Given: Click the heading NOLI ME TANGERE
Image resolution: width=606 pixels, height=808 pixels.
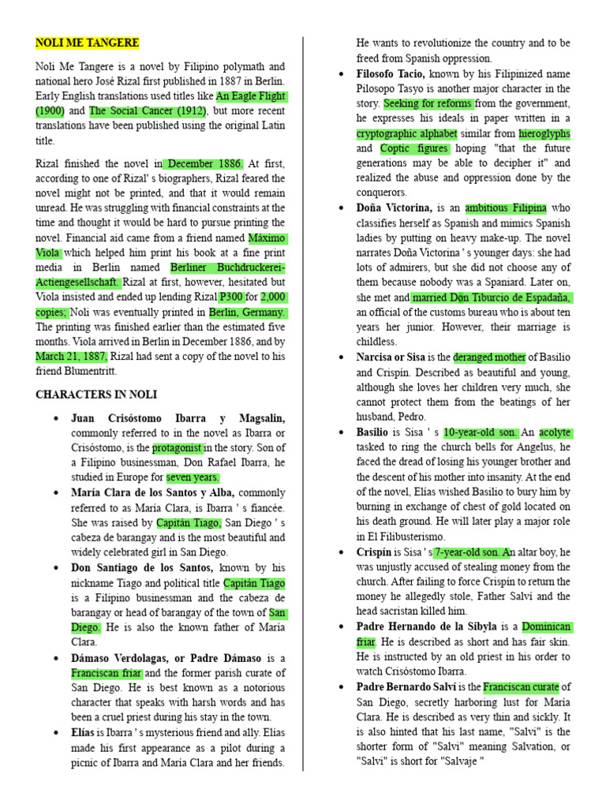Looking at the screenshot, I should pos(88,43).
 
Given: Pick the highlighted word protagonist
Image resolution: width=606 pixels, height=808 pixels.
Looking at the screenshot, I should pos(178,448).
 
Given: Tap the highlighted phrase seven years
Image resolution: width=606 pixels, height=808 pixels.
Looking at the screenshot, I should pos(193,477).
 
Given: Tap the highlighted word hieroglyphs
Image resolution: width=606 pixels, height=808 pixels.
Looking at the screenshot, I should pos(544,133).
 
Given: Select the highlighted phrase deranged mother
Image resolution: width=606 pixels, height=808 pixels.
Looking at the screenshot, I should pos(489,357).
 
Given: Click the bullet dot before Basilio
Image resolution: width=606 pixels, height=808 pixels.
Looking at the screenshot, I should pos(340,432).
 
